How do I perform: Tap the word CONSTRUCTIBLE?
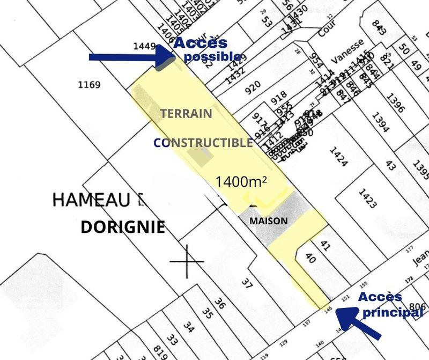[203, 143]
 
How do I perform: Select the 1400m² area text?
[241, 181]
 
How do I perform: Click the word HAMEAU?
[92, 201]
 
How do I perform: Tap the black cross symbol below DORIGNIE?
[187, 262]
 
